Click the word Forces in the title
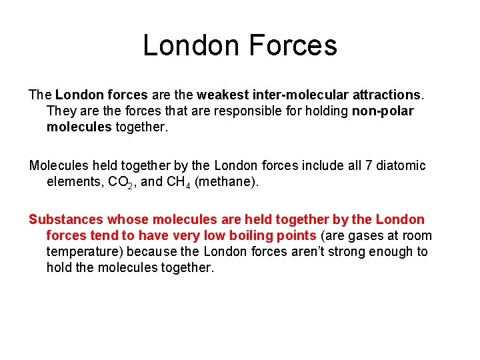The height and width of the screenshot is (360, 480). click(293, 45)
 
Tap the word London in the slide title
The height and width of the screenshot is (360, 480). click(191, 45)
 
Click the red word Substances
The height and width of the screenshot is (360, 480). click(66, 219)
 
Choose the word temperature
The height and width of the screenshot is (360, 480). click(84, 252)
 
